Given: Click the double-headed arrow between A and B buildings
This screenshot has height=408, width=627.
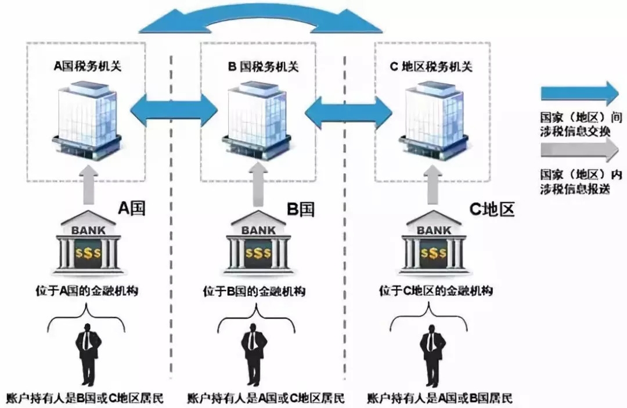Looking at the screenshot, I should point(173,109).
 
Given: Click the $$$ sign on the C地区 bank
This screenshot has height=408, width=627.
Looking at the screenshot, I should point(433,253).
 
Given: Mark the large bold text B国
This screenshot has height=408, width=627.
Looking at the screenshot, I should point(301,209).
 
